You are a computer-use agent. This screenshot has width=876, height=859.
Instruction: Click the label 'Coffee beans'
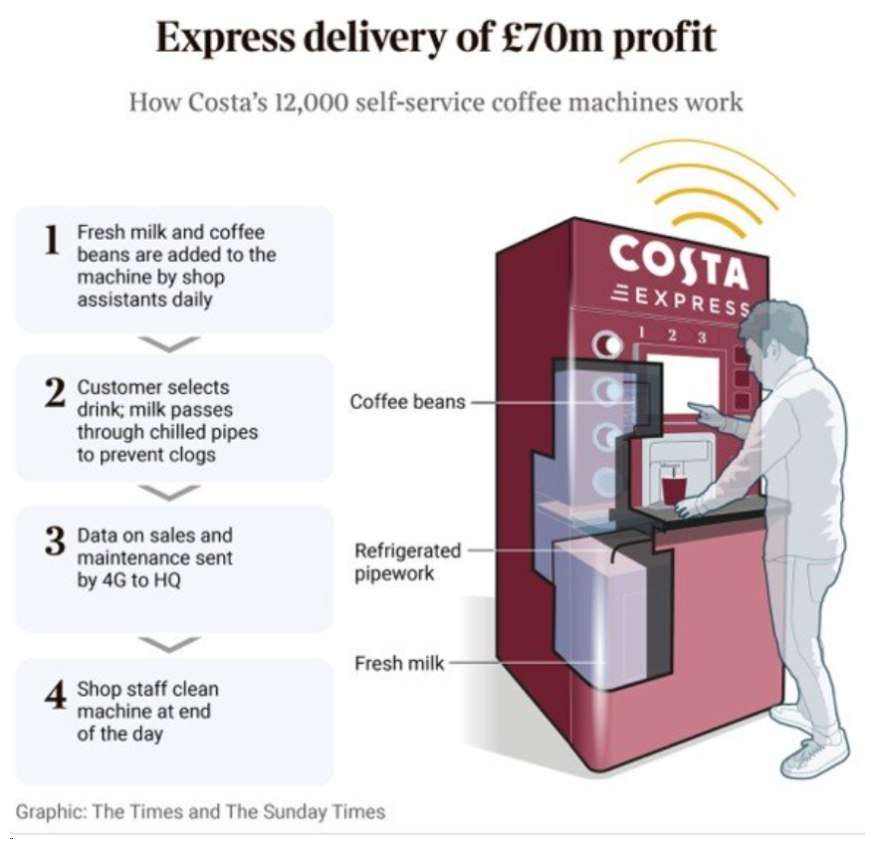pyautogui.click(x=407, y=402)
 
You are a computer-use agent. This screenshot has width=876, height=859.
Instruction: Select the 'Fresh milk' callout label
pyautogui.click(x=399, y=662)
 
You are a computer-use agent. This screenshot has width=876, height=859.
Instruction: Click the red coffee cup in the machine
pyautogui.click(x=673, y=490)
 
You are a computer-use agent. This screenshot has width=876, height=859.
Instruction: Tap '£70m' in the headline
pyautogui.click(x=544, y=39)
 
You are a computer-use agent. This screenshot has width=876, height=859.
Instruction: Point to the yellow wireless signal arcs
pyautogui.click(x=709, y=184)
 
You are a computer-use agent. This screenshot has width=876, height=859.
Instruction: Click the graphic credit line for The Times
pyautogui.click(x=200, y=811)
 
